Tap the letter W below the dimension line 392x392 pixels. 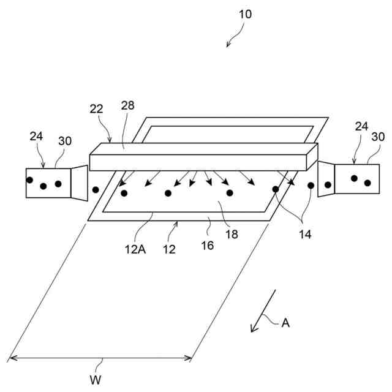96,380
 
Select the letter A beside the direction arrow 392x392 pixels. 285,322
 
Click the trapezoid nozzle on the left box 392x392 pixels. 79,181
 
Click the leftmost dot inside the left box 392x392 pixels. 29,180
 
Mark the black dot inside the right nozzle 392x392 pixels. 328,184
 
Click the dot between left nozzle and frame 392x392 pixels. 95,189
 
